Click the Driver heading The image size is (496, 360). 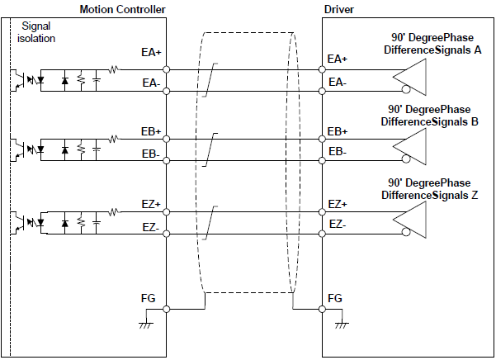[x=339, y=9]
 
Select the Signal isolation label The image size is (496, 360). [x=35, y=33]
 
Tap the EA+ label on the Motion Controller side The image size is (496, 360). [x=151, y=52]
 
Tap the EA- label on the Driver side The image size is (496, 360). [x=338, y=82]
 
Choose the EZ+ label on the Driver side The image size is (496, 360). [x=338, y=204]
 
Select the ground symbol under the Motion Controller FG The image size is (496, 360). [x=145, y=325]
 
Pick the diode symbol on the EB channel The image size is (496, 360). [x=64, y=151]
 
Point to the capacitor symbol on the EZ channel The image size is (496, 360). [x=97, y=223]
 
